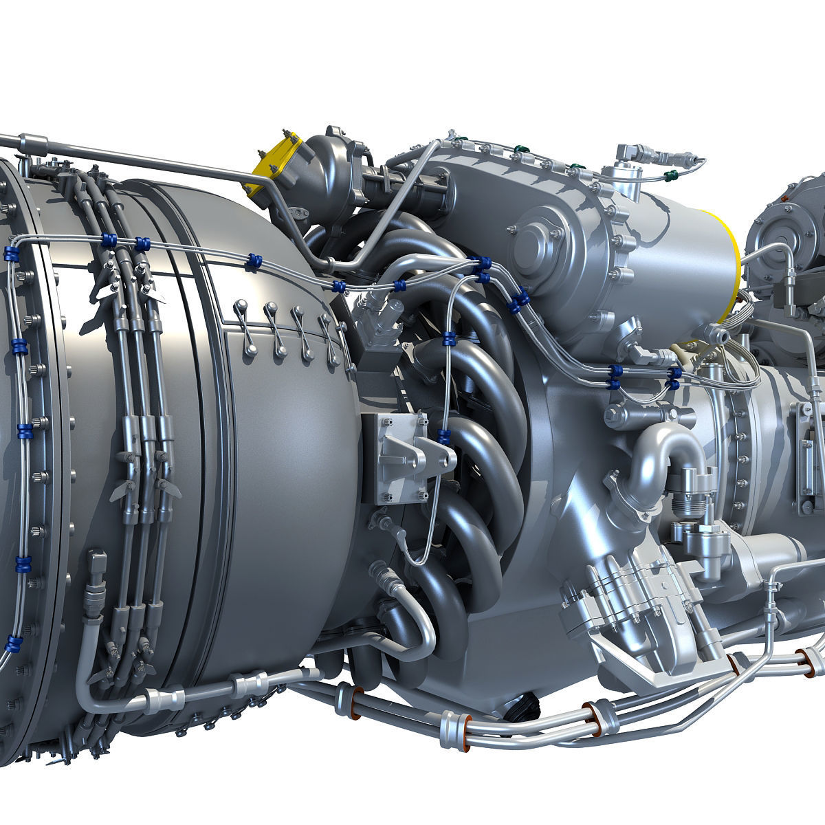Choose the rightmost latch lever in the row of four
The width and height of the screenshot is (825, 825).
[329, 337]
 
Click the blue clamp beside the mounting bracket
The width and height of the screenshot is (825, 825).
[443, 434]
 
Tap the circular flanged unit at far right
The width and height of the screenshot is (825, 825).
[788, 234]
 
